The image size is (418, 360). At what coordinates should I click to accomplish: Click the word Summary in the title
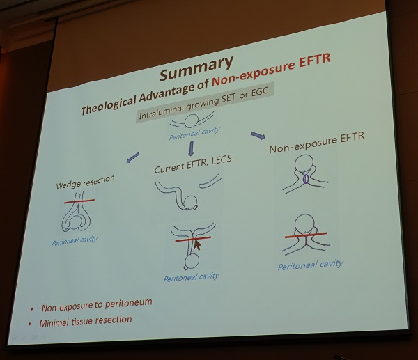196,68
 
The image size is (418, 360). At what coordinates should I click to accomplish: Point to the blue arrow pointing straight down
191,148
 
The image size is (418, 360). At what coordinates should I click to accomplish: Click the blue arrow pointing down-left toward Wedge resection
133,157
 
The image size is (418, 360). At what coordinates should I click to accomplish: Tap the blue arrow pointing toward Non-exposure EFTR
258,135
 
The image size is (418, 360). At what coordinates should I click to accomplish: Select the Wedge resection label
85,182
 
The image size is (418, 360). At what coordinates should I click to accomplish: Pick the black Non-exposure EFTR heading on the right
317,142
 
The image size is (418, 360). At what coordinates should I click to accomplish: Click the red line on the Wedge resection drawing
79,201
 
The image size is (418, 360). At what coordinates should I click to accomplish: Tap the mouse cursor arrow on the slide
197,245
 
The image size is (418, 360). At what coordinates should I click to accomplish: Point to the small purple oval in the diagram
306,178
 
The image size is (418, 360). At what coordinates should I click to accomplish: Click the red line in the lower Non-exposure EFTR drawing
306,235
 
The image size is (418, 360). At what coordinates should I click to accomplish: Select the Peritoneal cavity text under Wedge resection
75,241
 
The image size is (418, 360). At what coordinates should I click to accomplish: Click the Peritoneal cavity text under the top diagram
194,134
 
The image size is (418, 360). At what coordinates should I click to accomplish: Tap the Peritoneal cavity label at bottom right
310,265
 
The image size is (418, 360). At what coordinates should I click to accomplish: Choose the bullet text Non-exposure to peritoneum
97,305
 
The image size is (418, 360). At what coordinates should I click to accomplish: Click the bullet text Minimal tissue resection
86,321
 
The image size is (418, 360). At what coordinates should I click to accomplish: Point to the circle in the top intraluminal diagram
192,121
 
